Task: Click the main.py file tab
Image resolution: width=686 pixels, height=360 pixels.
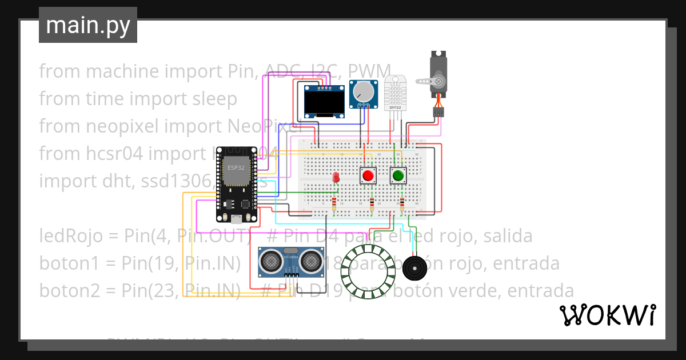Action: [87, 25]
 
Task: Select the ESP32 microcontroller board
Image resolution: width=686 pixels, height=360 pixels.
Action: [237, 183]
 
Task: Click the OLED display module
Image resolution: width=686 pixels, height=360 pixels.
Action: [324, 102]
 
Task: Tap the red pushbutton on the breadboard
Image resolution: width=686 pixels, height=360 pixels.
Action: [368, 175]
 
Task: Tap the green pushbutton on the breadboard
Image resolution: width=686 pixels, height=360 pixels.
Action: [398, 175]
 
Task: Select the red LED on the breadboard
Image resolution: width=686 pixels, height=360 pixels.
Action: [336, 178]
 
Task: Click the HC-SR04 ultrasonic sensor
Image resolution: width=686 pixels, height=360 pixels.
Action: [291, 261]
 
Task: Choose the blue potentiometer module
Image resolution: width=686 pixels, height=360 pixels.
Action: [364, 93]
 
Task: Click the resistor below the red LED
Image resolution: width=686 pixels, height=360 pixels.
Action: [334, 204]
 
